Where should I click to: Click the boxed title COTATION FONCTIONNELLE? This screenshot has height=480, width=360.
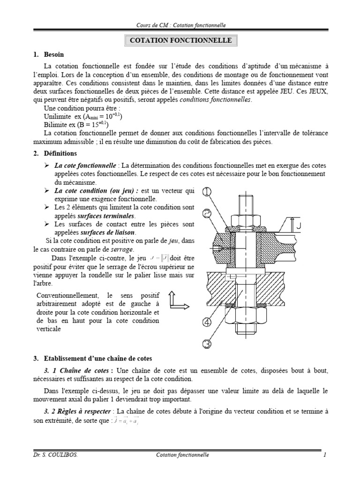point(180,40)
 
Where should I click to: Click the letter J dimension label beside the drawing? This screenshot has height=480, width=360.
point(298,226)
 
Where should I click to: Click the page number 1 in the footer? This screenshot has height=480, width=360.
point(324,455)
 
